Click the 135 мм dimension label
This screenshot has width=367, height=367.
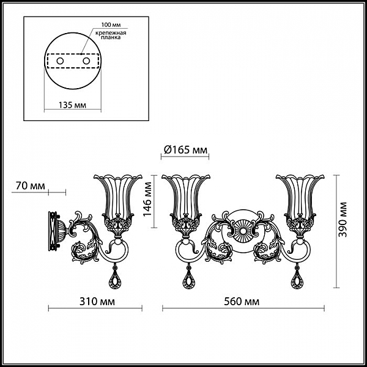[x=72, y=105]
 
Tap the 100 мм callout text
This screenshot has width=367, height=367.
[x=111, y=24]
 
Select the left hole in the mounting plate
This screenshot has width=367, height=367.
[x=60, y=61]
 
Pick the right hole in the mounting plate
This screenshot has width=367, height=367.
[x=86, y=61]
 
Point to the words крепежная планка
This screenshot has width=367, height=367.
[x=111, y=35]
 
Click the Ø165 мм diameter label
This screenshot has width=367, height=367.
[x=185, y=150]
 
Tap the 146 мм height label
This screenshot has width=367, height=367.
[x=147, y=199]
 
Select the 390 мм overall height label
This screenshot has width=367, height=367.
[x=343, y=220]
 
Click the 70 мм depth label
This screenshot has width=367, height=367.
[x=30, y=186]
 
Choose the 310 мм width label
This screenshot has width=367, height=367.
[x=97, y=302]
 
